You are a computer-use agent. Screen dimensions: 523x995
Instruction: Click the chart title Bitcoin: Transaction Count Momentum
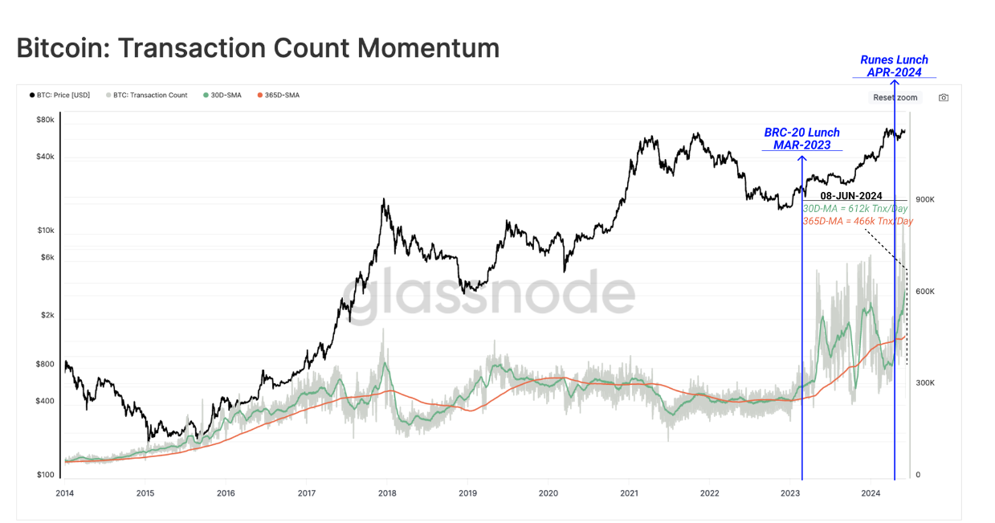pos(258,48)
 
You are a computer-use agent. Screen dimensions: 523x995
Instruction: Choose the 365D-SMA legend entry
pos(278,95)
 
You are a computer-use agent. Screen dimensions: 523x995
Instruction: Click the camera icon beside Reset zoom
pos(944,98)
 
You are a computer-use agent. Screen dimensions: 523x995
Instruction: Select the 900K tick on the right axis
pos(925,199)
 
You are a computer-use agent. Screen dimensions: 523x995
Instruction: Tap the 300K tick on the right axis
pos(925,383)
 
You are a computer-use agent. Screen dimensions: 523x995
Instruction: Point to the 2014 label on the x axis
pos(66,492)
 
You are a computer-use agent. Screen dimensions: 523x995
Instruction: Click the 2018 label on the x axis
pos(387,492)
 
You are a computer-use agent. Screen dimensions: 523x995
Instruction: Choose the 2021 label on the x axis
pos(629,492)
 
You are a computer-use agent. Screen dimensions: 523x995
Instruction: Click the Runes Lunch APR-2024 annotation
pos(894,66)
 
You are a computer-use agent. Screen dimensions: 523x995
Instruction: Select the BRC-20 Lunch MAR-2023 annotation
pos(801,139)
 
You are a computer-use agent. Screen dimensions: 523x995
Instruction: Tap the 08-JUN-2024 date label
pos(851,196)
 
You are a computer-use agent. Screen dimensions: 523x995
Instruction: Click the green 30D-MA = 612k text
pos(855,209)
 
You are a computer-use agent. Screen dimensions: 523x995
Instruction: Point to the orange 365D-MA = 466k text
pos(858,221)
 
